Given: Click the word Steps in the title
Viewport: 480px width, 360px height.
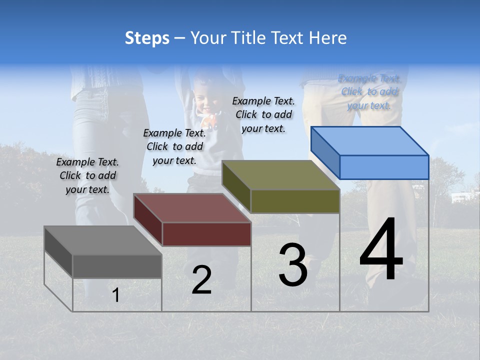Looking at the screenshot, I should tap(147, 38).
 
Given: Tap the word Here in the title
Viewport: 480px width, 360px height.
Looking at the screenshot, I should tap(328, 38).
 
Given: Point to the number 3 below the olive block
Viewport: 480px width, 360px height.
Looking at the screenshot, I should tap(292, 264).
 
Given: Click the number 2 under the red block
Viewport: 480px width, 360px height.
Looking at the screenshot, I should tap(201, 280).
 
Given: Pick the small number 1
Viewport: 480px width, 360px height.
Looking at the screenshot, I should tap(116, 295).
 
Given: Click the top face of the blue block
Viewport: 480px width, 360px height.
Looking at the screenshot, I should tap(370, 140).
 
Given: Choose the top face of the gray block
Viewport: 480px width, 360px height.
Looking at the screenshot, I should tap(103, 240).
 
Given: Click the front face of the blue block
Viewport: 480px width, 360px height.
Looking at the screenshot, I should tap(384, 167).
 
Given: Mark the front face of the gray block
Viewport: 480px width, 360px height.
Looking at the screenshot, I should tap(117, 266).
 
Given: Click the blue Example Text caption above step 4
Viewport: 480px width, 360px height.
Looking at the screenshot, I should tap(369, 92).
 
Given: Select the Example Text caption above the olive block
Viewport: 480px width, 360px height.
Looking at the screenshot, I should tap(263, 114).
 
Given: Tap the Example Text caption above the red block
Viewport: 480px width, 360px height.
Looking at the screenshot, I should tap(174, 146).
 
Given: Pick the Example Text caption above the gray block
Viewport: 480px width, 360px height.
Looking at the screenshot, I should tap(87, 175).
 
